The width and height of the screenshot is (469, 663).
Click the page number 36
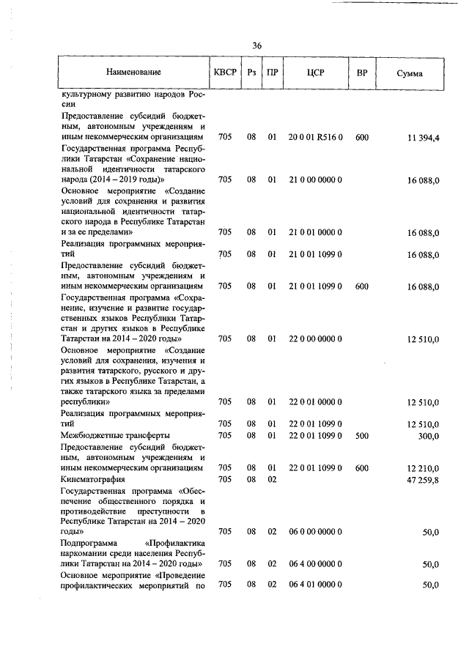257,45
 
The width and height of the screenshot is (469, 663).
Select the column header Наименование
133,73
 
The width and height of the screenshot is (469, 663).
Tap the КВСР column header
225,73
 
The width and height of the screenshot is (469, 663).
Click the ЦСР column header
316,73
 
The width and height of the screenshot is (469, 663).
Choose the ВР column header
361,73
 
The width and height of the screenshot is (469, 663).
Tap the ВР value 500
361,436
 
